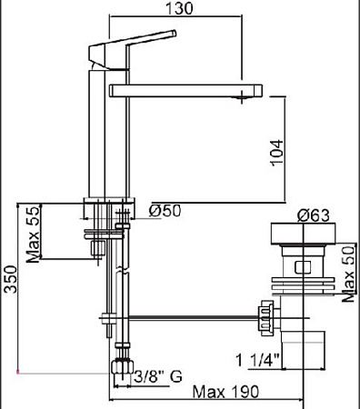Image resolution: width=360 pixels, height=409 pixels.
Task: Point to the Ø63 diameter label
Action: click(x=312, y=216)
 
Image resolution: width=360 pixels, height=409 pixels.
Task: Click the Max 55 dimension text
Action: click(x=34, y=234)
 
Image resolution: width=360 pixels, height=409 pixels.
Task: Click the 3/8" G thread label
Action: click(x=157, y=374)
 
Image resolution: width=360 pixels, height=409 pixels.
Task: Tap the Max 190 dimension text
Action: click(x=227, y=392)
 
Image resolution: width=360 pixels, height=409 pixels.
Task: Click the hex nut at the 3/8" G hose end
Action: click(x=119, y=367)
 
